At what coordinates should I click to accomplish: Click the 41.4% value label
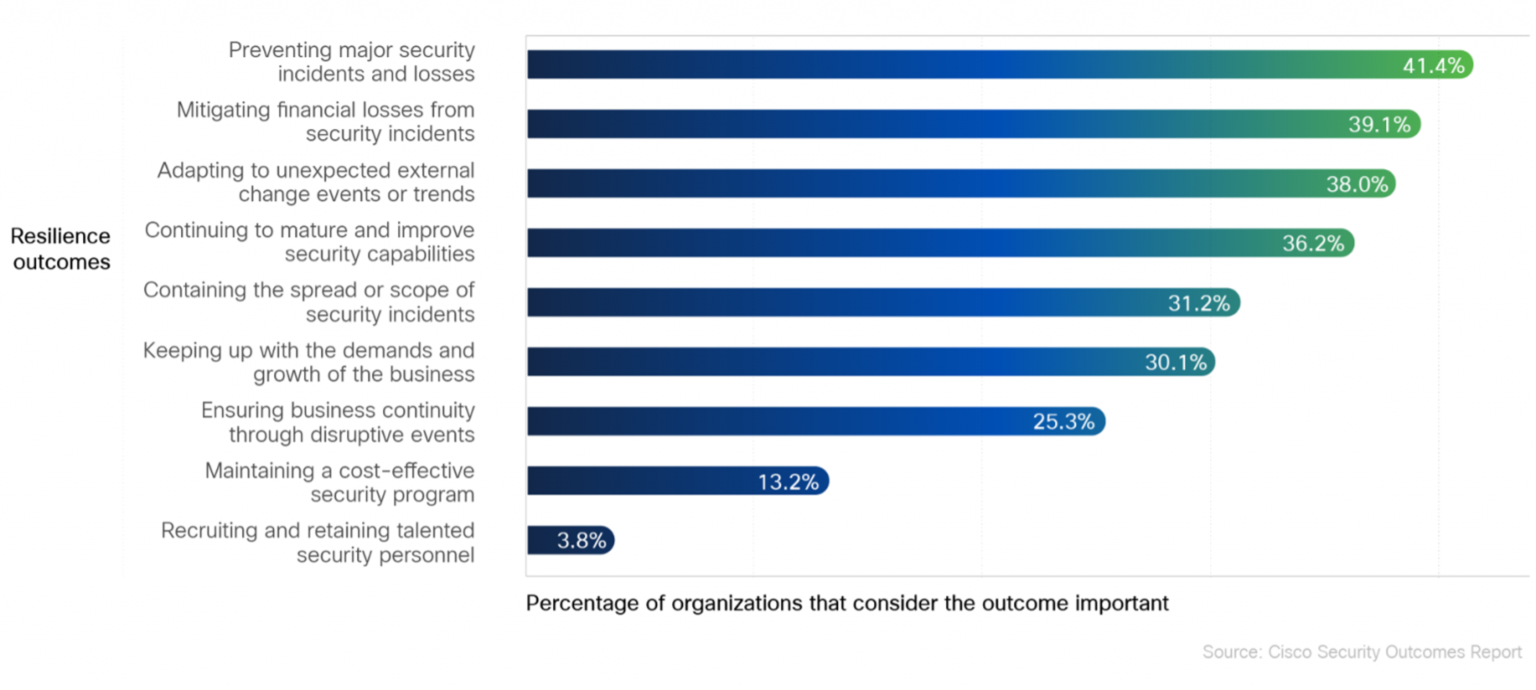1433,65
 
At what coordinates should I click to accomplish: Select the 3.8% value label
581,540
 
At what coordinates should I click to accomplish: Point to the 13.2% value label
788,481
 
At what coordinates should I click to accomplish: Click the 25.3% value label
1064,421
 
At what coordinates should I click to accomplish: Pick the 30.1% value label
1175,362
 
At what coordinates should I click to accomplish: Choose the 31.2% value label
1198,303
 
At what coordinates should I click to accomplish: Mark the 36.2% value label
1313,243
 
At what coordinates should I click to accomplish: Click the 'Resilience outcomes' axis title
61,249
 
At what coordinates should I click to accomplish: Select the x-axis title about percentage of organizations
847,603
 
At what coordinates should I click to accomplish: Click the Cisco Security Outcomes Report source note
1362,652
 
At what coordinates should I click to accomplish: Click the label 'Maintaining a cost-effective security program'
339,482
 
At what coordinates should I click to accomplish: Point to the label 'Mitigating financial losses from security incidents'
326,121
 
